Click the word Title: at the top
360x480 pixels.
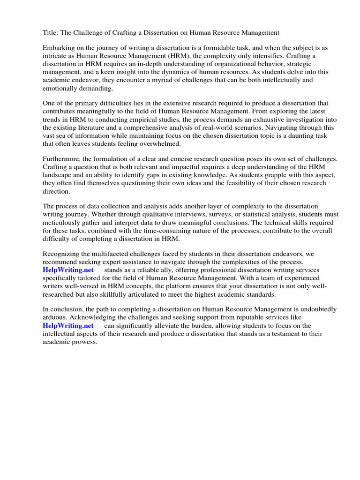(x=51, y=32)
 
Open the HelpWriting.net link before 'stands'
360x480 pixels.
(x=68, y=270)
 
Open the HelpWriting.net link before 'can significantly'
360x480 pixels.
(x=68, y=326)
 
